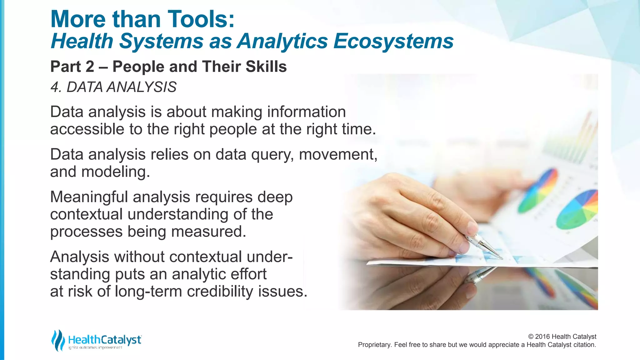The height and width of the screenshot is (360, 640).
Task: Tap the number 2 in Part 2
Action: (x=89, y=67)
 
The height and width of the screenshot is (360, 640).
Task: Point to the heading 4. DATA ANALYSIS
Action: (x=113, y=87)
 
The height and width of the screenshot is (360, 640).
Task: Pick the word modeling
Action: (x=115, y=172)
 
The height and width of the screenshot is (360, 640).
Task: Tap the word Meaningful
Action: (x=89, y=197)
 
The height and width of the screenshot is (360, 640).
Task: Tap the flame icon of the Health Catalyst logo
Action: (x=58, y=340)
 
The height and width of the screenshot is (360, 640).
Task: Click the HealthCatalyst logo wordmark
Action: (x=104, y=340)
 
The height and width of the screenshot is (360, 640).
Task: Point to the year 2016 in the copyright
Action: (x=542, y=337)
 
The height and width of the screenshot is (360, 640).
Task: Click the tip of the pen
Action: (x=502, y=258)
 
